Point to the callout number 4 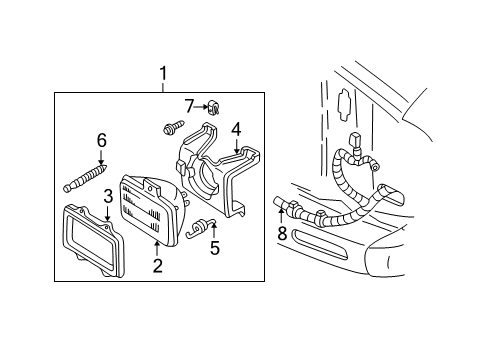click(236, 128)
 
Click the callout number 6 click(100, 139)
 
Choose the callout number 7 click(188, 104)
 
